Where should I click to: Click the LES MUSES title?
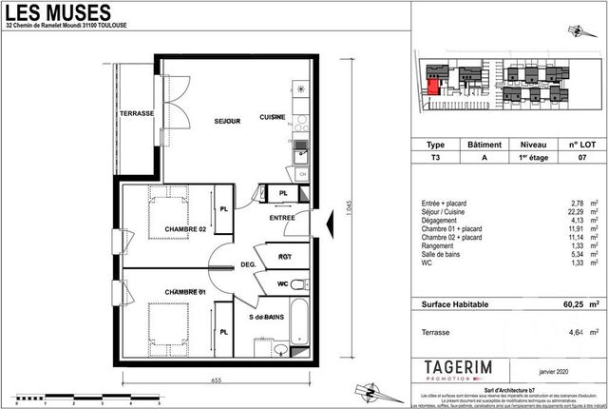58,14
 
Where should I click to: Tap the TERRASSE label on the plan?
137,114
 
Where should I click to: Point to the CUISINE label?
273,117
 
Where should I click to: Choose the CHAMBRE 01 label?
184,291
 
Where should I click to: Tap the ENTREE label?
282,218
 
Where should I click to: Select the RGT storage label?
284,255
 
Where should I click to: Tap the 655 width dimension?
218,380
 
